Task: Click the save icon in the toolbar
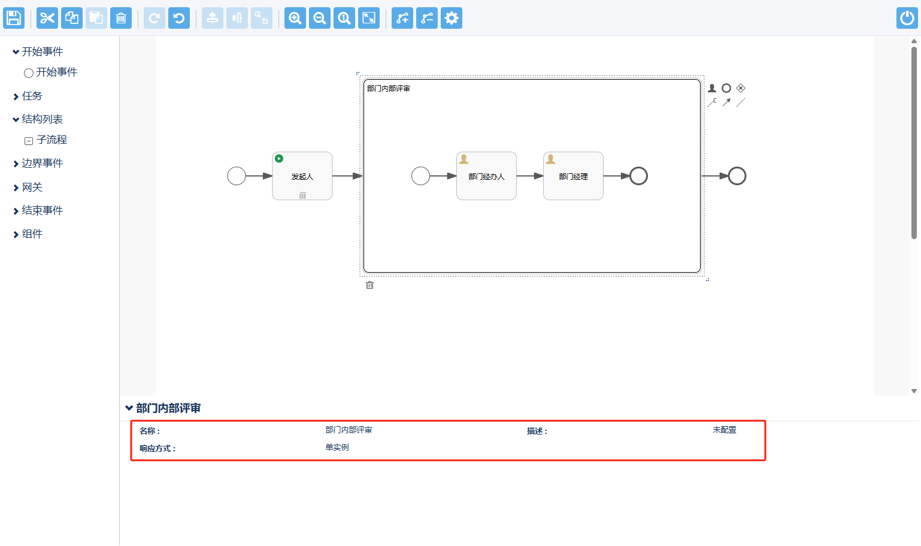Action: point(14,18)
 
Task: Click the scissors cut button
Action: point(47,18)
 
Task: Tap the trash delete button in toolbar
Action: point(121,18)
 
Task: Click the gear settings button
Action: point(452,18)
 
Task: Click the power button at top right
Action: point(907,18)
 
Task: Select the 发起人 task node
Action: point(302,176)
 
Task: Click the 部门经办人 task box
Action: point(486,176)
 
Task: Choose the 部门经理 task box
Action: point(573,176)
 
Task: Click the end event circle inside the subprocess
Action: point(639,176)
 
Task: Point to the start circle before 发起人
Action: point(237,176)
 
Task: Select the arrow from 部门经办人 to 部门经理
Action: point(529,176)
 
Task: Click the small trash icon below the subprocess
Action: point(370,285)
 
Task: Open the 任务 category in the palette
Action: point(32,96)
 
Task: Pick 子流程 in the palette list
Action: point(51,140)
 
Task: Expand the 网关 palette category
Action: point(32,188)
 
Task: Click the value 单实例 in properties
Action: point(337,448)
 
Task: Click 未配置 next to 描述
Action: point(725,430)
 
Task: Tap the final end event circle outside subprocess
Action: point(737,176)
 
